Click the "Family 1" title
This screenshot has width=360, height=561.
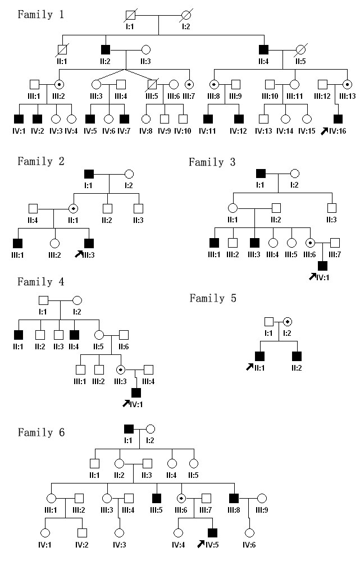pos(40,14)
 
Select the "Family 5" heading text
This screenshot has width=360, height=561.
pos(213,298)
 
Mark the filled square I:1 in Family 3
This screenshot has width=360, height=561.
pos(260,173)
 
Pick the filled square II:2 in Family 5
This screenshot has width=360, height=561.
pos(295,355)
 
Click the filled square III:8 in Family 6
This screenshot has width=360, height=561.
pos(234,498)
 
